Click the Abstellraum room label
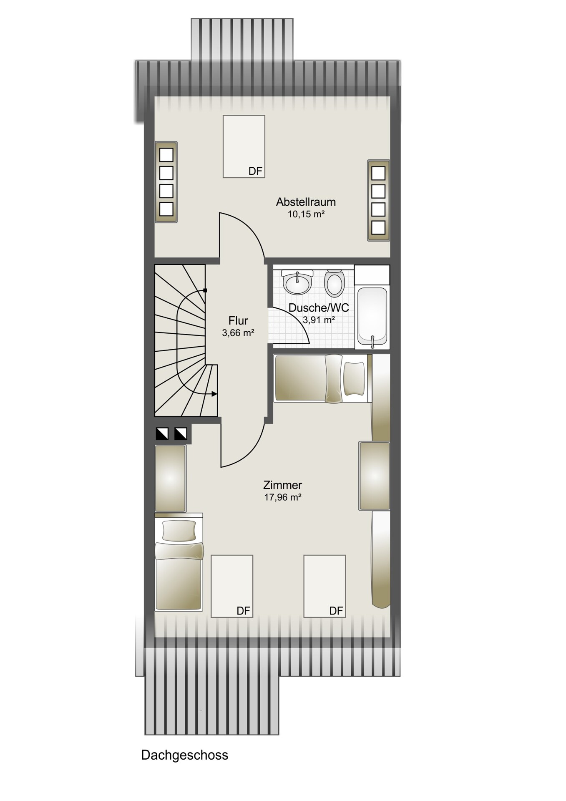coord(306,202)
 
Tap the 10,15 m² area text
coord(306,214)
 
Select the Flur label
coord(238,320)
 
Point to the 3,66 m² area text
coord(238,333)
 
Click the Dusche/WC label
coord(319,308)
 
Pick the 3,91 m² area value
coord(319,320)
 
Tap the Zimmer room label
coord(282,485)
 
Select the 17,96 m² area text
coord(283,497)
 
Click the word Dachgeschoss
coord(185,755)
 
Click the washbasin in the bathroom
coord(297,282)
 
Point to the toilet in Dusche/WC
coord(334,282)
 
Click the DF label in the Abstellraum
coord(255,171)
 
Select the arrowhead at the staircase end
coord(214,394)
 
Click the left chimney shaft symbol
coord(162,434)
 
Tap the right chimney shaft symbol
coord(181,434)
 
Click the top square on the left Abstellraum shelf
coord(166,155)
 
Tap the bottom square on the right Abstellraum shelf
coord(378,227)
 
